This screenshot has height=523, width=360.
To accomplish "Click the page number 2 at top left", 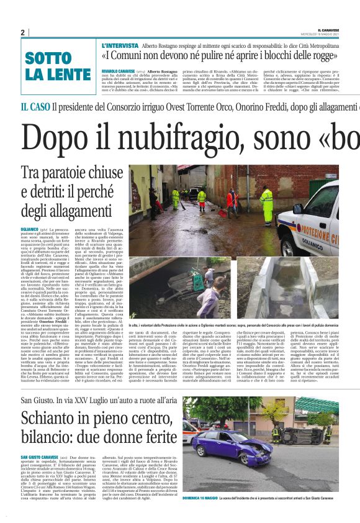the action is pyautogui.click(x=23, y=32).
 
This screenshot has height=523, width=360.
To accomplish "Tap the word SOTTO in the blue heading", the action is pyautogui.click(x=48, y=59).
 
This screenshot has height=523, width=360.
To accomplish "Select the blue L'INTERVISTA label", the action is pyautogui.click(x=120, y=46).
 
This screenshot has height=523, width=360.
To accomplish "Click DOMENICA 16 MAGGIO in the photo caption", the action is pyautogui.click(x=200, y=498).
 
